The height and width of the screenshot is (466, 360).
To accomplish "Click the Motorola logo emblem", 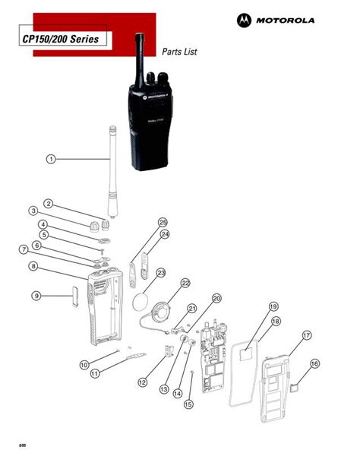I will pyautogui.click(x=245, y=20).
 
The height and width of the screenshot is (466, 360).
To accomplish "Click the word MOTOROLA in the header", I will pyautogui.click(x=286, y=21).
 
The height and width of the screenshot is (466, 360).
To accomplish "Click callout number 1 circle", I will pyautogui.click(x=50, y=159).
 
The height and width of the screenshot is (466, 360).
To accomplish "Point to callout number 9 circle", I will pyautogui.click(x=36, y=295).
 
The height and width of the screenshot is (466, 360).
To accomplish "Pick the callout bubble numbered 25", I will pyautogui.click(x=163, y=221).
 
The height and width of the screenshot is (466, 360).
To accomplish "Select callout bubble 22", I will pyautogui.click(x=185, y=282).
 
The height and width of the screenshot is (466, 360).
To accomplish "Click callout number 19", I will pyautogui.click(x=273, y=306).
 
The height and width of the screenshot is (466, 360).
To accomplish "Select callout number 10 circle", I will pyautogui.click(x=85, y=364).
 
